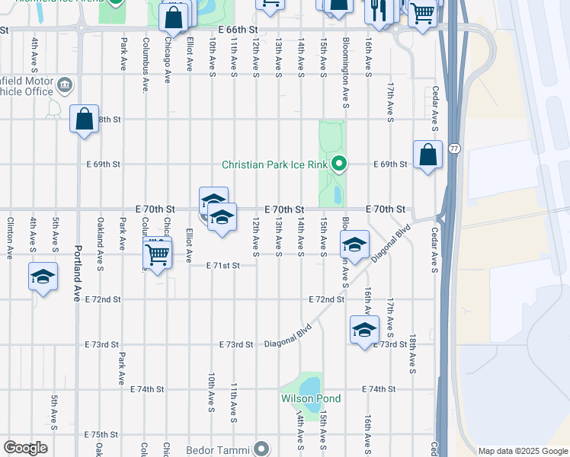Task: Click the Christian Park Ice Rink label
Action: [x=274, y=164]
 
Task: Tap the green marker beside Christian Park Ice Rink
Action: [x=340, y=163]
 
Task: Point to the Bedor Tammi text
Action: [x=218, y=449]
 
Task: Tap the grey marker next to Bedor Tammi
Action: [x=261, y=449]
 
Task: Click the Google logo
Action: [x=25, y=448]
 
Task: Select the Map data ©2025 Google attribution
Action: [x=522, y=451]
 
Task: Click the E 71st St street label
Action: [x=223, y=265]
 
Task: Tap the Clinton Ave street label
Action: [x=10, y=238]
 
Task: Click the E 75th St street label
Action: [x=102, y=434]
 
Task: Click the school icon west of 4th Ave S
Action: [x=43, y=276]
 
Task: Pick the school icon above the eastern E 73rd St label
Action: [x=364, y=329]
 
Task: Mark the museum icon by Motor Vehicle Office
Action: [x=65, y=83]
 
